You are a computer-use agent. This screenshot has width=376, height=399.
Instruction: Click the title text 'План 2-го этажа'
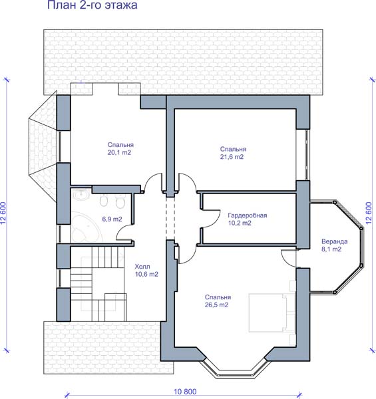pos(92,5)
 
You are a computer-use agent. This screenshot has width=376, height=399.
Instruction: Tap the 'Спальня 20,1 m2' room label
pos(120,148)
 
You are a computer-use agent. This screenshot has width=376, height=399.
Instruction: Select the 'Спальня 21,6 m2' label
pos(233,153)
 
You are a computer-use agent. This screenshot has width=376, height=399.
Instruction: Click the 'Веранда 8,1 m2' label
pos(334,245)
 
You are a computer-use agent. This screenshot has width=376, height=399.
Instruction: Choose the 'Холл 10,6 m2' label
pos(146,270)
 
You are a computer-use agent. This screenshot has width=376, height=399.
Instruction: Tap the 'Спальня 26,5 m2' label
pos(218,301)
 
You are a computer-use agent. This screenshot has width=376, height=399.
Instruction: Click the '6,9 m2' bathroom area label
pos(112,219)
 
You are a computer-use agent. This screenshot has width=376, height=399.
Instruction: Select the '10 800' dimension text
pos(185,392)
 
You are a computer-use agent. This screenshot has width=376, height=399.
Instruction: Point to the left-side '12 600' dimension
pos(3,213)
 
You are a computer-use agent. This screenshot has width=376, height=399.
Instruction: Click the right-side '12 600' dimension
pos(369,213)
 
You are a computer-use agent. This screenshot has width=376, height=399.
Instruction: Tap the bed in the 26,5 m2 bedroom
pos(272,313)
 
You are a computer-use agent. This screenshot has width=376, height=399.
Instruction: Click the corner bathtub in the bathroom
pos(86,227)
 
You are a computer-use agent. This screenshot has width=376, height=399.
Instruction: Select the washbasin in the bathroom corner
pos(81,195)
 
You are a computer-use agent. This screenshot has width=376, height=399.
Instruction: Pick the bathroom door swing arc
pos(122,231)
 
